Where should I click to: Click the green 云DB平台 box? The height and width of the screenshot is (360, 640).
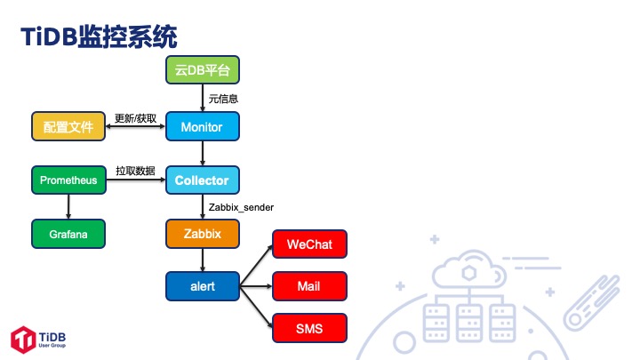(x=203, y=70)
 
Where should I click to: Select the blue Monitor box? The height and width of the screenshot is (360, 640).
(x=203, y=127)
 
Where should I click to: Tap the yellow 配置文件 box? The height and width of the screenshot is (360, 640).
(x=68, y=127)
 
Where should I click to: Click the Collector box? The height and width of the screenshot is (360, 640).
(x=203, y=180)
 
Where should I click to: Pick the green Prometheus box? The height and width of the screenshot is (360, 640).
(x=68, y=180)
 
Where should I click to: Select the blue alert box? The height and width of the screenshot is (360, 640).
(x=203, y=286)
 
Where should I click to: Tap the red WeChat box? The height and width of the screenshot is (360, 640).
(x=308, y=244)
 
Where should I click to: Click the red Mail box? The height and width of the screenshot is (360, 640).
(x=308, y=286)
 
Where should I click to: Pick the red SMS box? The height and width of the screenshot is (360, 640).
(x=308, y=330)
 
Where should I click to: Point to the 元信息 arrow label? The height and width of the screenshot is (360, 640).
(x=223, y=99)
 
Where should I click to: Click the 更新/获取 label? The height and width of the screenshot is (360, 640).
(x=136, y=117)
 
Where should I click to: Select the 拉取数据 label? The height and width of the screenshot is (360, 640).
(x=136, y=171)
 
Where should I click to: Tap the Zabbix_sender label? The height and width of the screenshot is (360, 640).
(x=241, y=207)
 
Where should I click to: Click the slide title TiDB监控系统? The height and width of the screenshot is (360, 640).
(x=99, y=36)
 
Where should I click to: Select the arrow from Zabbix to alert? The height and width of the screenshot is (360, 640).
(x=203, y=260)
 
